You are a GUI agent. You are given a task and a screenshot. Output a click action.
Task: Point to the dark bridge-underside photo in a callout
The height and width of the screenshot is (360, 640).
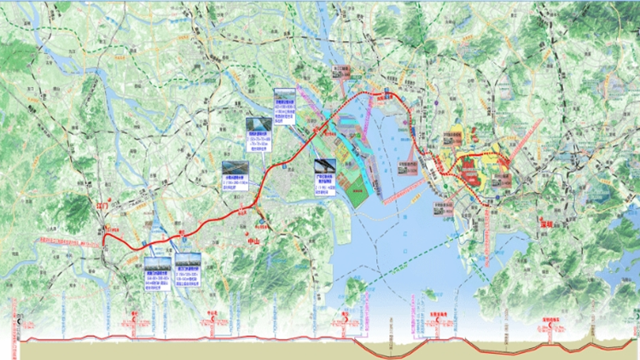tap(325, 166)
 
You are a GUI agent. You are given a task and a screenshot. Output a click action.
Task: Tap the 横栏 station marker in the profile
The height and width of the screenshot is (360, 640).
tap(136, 323)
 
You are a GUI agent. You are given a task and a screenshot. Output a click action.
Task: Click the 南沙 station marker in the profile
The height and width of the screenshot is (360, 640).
tap(344, 323)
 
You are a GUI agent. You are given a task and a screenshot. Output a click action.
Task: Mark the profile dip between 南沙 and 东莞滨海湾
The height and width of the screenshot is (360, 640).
tap(384, 351)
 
